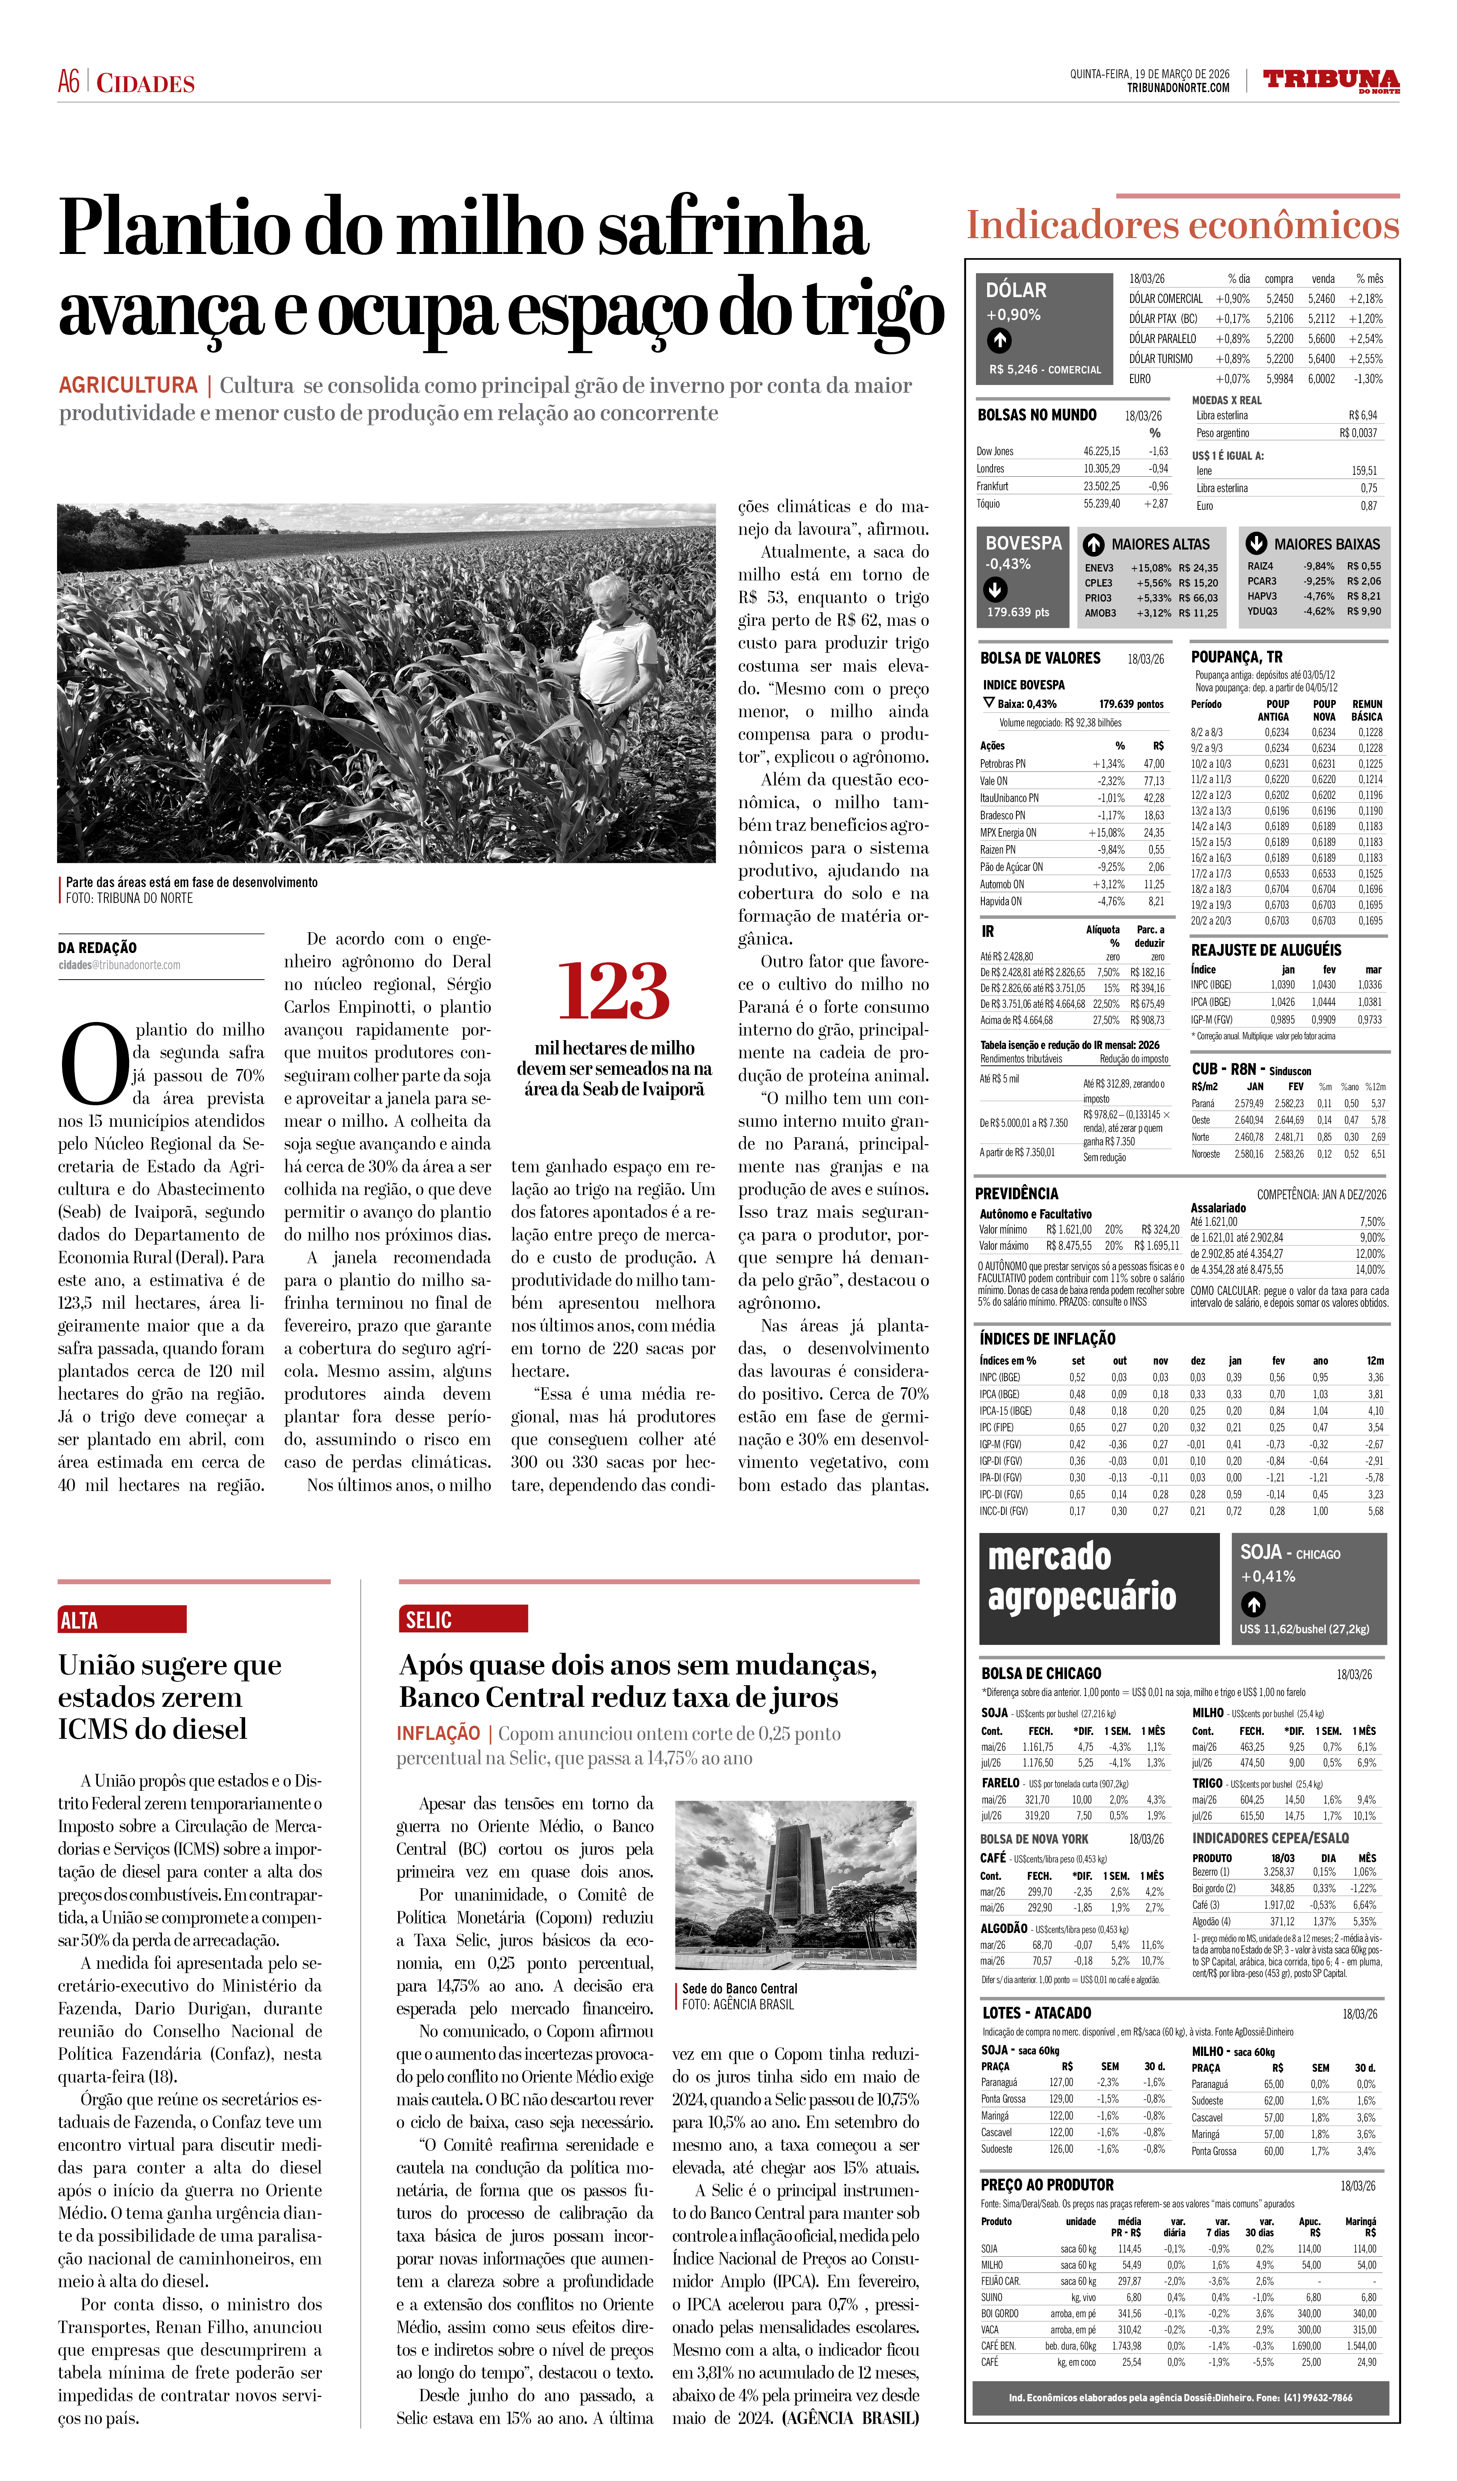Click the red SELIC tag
[463, 1619]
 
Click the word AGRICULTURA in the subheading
[128, 385]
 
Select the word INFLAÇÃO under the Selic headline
[438, 1733]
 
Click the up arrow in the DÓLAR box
[999, 341]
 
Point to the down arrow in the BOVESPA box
[995, 590]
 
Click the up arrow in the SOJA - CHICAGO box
[1252, 1605]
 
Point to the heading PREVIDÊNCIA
[1016, 1193]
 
